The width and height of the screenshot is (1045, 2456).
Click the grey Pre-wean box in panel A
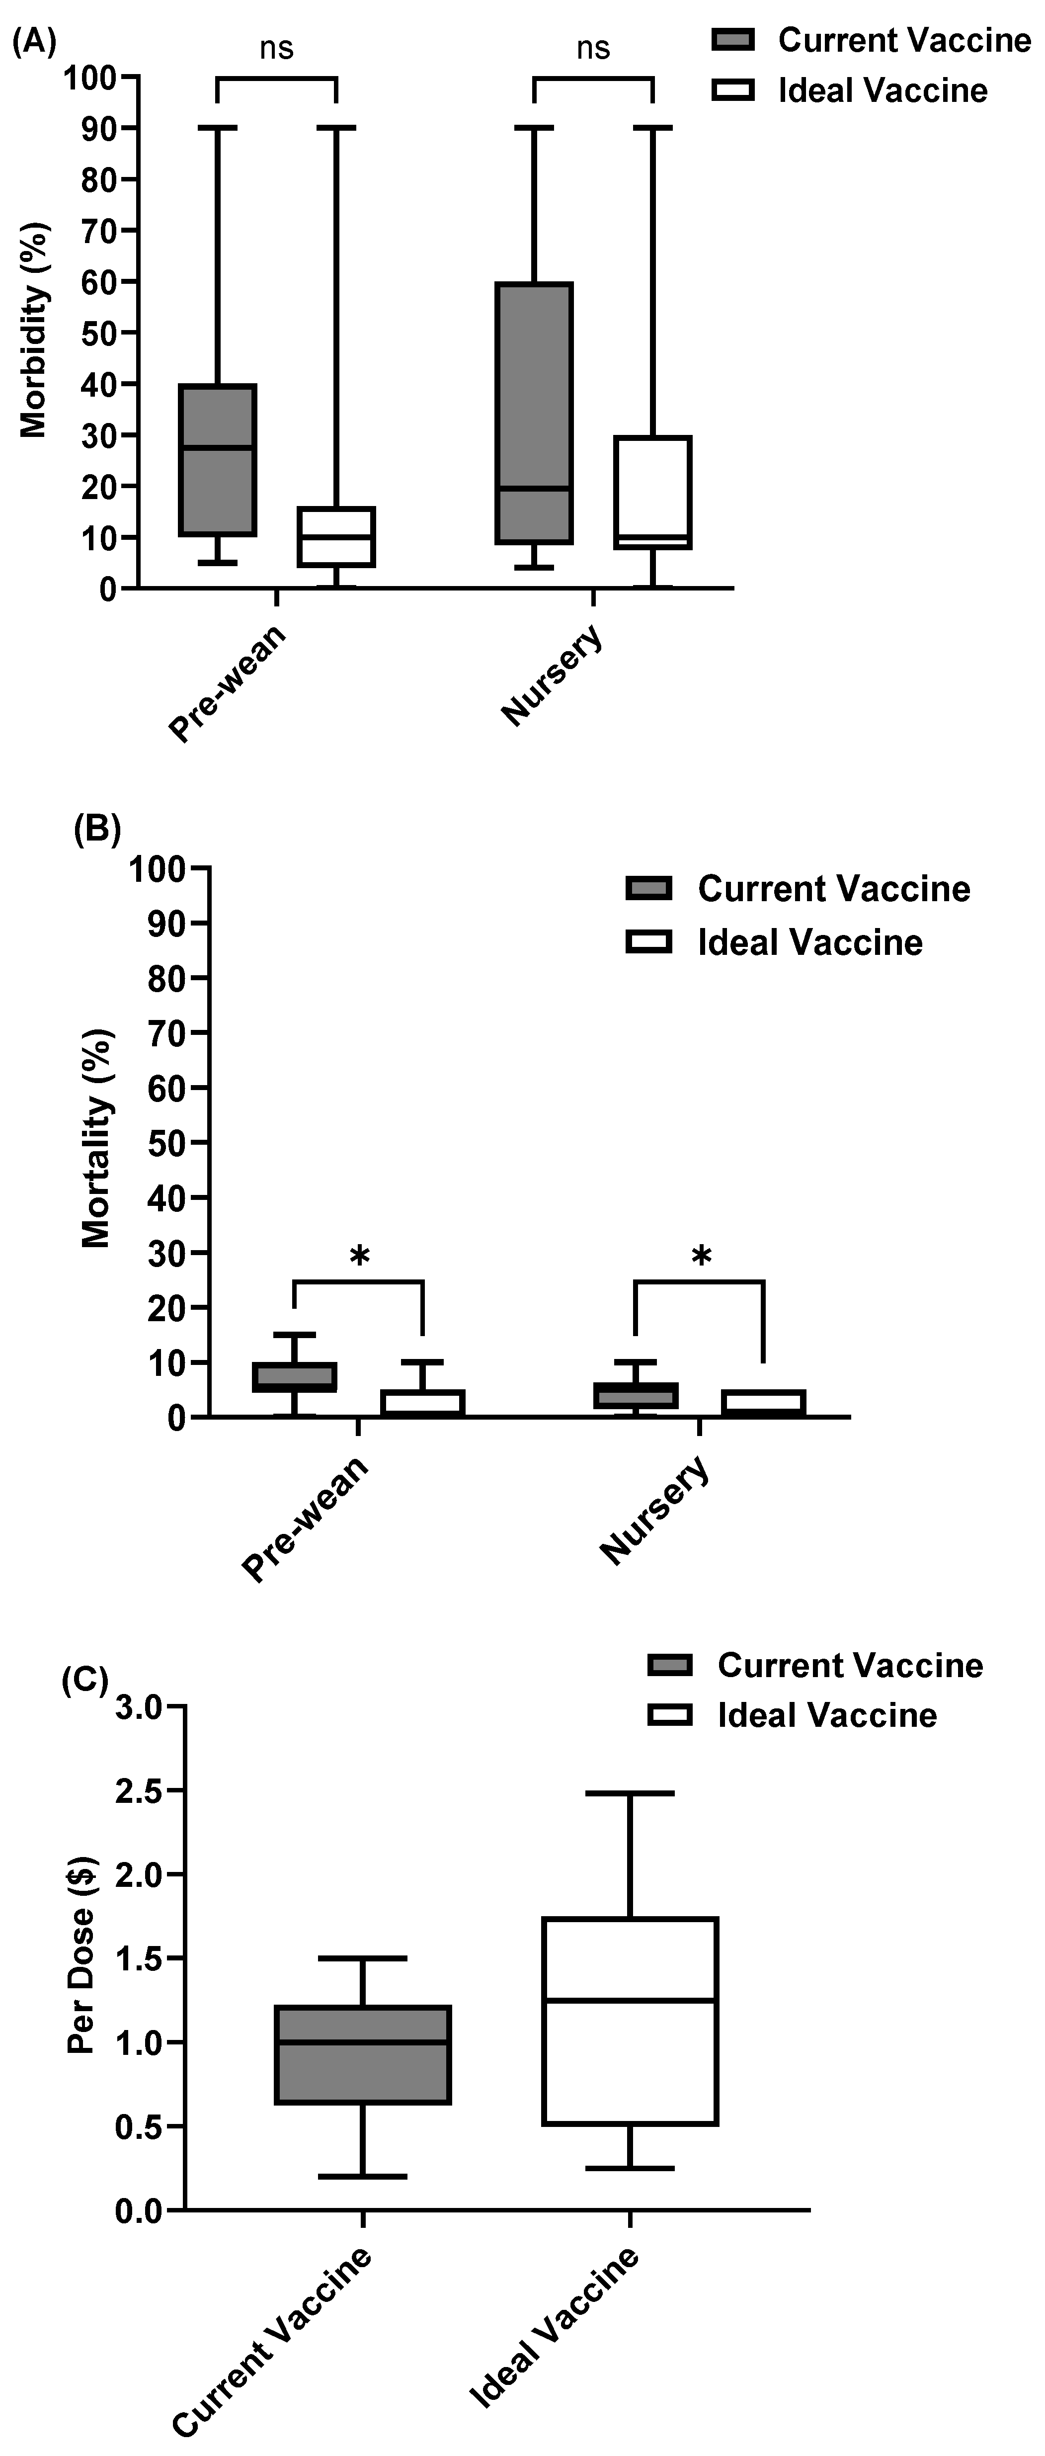(x=218, y=460)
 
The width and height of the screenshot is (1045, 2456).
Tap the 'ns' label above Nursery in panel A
(x=593, y=48)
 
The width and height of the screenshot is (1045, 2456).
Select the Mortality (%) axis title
(x=97, y=1139)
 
